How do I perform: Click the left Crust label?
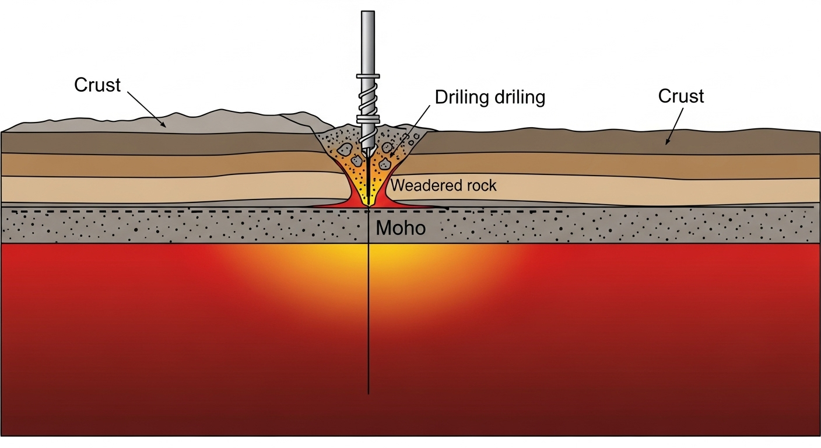coord(97,85)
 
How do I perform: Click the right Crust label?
coord(681,96)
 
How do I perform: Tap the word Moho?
coord(401,228)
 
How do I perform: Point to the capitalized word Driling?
coord(461,97)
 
